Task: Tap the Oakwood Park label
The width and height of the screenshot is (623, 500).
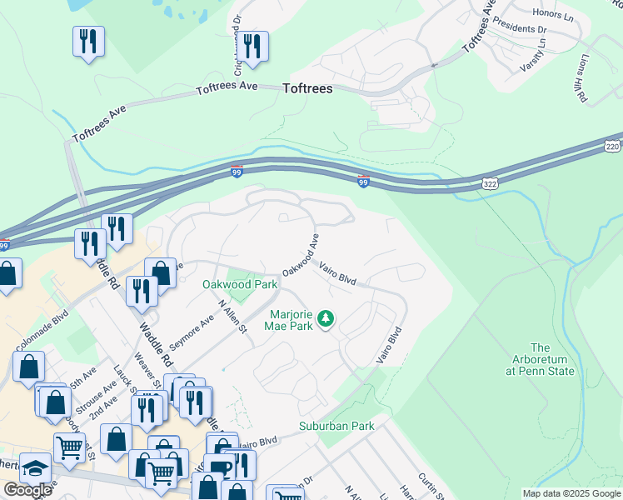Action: (x=240, y=284)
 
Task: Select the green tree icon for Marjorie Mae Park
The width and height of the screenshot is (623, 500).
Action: (x=326, y=317)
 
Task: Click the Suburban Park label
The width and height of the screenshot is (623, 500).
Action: (x=336, y=426)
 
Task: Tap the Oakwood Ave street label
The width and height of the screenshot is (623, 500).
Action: (x=301, y=255)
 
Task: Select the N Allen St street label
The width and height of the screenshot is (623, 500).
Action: (x=232, y=317)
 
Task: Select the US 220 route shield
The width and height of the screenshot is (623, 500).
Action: (x=613, y=146)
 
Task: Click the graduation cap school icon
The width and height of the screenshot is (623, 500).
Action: (x=35, y=467)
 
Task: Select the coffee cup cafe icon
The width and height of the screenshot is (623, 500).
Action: (x=222, y=467)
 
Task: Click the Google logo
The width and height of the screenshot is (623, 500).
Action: (x=27, y=490)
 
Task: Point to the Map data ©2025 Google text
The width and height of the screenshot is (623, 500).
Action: (x=571, y=493)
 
